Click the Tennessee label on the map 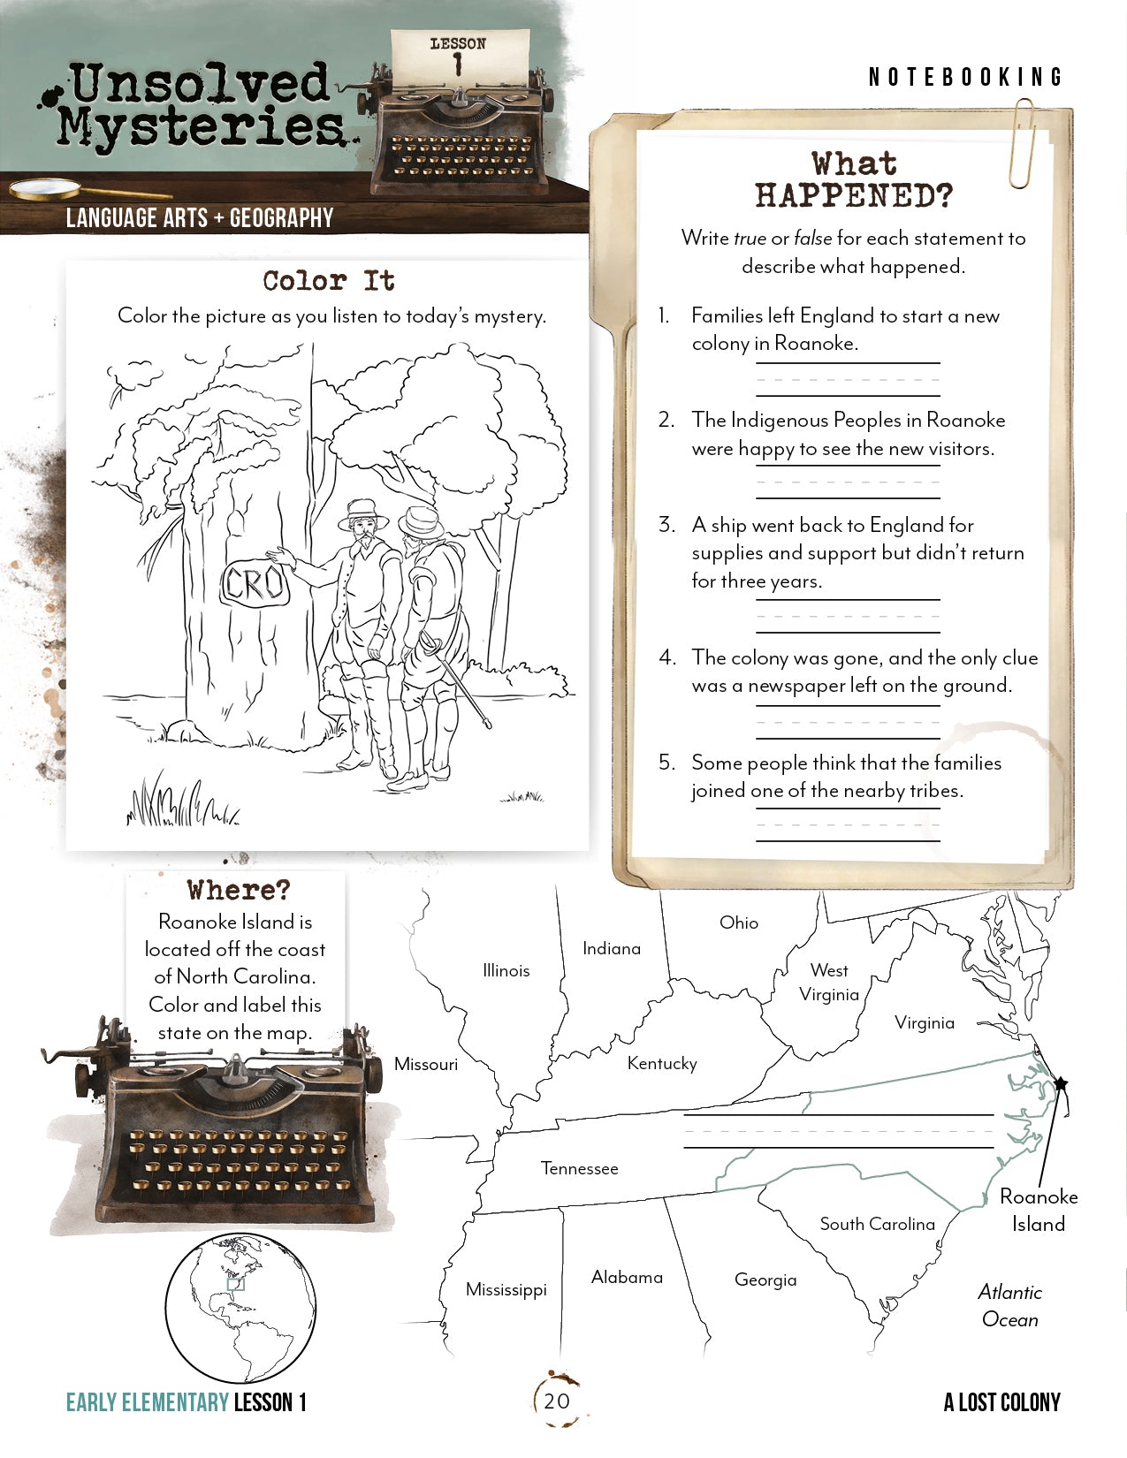pyautogui.click(x=580, y=1168)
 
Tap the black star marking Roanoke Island pyautogui.click(x=1061, y=1083)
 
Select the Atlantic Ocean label pyautogui.click(x=1009, y=1305)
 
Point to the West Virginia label pyautogui.click(x=829, y=982)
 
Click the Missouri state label pyautogui.click(x=426, y=1064)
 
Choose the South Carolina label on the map pyautogui.click(x=877, y=1224)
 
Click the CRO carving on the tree pyautogui.click(x=255, y=583)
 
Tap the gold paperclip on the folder pyautogui.click(x=1024, y=144)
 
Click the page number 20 pyautogui.click(x=557, y=1401)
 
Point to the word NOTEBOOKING pyautogui.click(x=965, y=78)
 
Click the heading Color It pyautogui.click(x=329, y=281)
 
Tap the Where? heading pyautogui.click(x=239, y=890)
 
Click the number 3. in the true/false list pyautogui.click(x=666, y=525)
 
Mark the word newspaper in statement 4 pyautogui.click(x=796, y=686)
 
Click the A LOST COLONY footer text pyautogui.click(x=1001, y=1402)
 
